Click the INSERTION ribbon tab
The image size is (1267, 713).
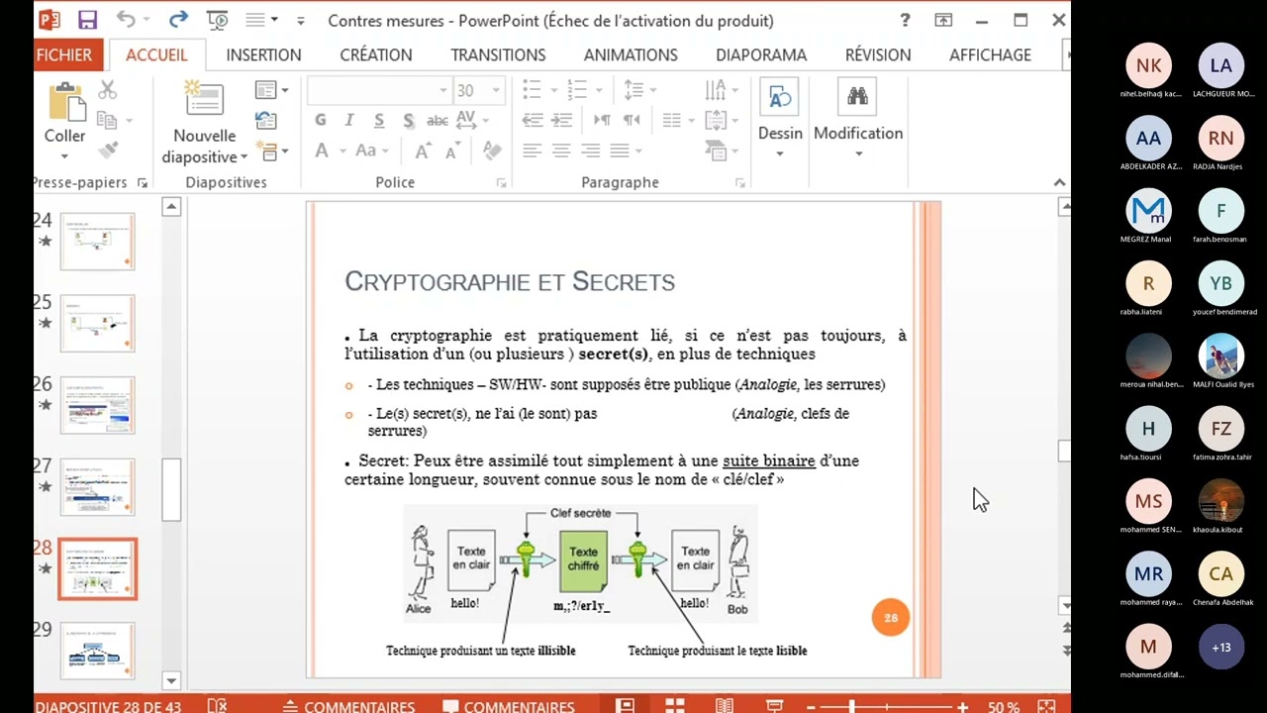(263, 55)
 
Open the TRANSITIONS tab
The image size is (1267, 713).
(498, 55)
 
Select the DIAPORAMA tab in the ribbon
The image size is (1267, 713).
(760, 55)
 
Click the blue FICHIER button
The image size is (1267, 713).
(64, 55)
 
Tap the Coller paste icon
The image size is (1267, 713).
(65, 103)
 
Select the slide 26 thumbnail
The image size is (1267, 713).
(97, 405)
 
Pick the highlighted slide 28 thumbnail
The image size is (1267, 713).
(97, 569)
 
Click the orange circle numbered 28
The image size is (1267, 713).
(890, 618)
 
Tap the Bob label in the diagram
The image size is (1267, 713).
(737, 610)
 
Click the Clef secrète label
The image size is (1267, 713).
(580, 513)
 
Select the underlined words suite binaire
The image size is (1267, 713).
(768, 460)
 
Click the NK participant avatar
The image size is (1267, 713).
(1148, 66)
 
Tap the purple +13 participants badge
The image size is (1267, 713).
(1220, 648)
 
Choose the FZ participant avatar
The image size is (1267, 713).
(1220, 429)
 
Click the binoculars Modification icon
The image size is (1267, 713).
(857, 97)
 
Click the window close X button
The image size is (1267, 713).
(1058, 20)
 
